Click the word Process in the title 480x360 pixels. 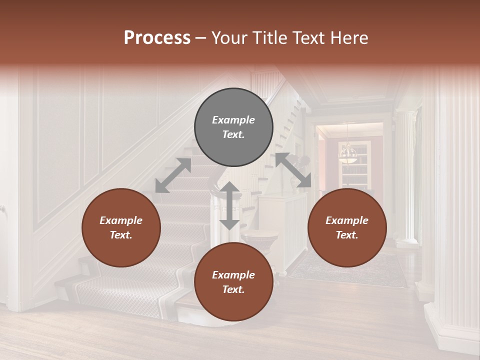pos(157,38)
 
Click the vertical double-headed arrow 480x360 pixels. pos(229,205)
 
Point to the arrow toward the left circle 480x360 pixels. pos(173,175)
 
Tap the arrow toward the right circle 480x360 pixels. pos(293,170)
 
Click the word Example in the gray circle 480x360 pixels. pos(233,120)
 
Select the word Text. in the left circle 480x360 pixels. pos(121,235)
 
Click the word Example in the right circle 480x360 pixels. pos(347,220)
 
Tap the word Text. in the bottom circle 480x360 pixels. pos(233,289)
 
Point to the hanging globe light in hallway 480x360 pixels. pos(347,153)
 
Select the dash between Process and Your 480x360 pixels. pos(200,38)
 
